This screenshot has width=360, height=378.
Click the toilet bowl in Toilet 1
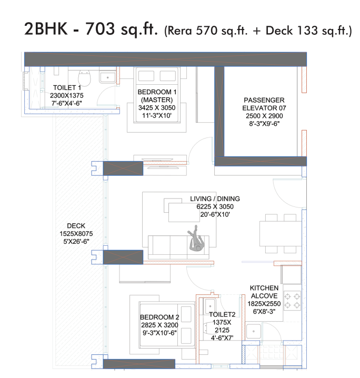(x=84, y=77)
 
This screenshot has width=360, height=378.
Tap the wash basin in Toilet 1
(x=107, y=77)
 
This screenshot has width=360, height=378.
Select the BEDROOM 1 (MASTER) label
(x=157, y=96)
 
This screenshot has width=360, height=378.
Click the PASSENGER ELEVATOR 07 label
(x=264, y=104)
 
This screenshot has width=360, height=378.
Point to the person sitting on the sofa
(x=195, y=238)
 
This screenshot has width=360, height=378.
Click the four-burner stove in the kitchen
(x=292, y=301)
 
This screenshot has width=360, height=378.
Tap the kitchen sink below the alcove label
(x=253, y=331)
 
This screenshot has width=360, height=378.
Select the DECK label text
(x=76, y=226)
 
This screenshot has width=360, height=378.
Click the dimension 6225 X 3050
(x=215, y=206)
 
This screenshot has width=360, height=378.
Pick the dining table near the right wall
(x=281, y=233)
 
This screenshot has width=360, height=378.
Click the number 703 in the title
(x=100, y=29)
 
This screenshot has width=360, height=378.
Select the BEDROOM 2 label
(x=159, y=317)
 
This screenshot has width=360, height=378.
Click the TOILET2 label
(x=222, y=314)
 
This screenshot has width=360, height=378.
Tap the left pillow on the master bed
(x=146, y=76)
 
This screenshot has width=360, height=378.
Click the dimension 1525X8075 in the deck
(x=76, y=234)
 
